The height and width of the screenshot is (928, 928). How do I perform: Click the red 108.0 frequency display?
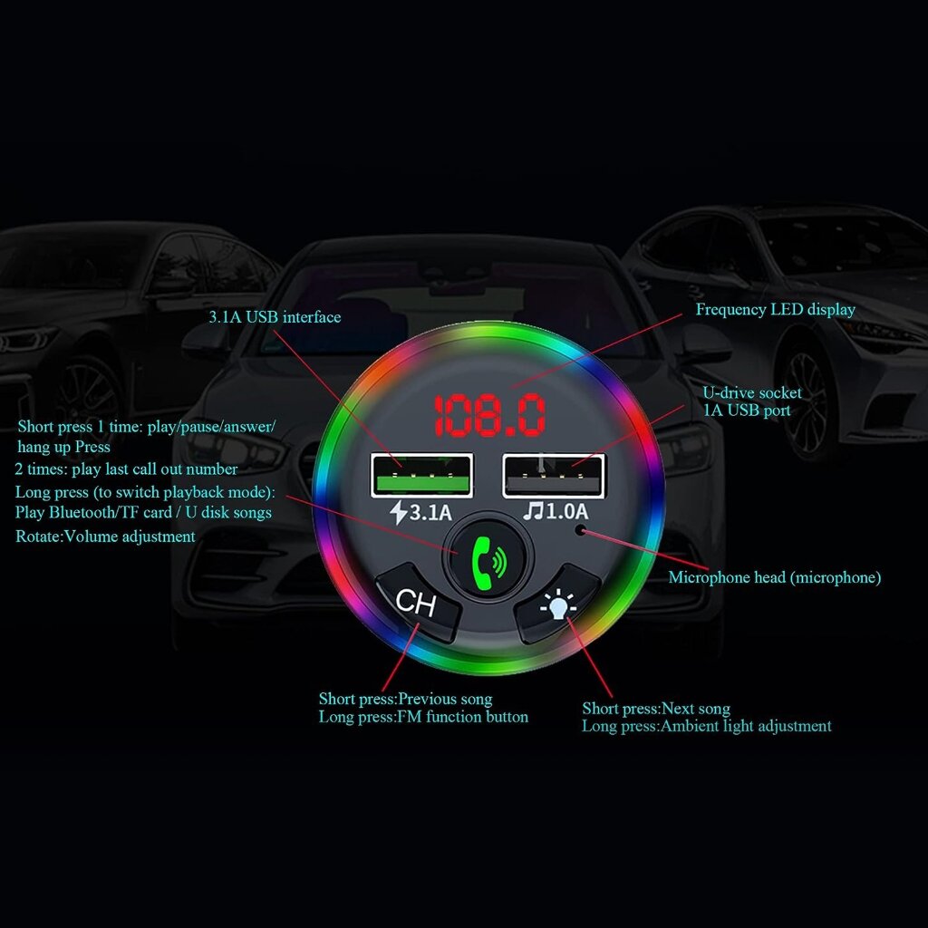pos(490,416)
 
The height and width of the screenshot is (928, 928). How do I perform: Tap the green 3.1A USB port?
pos(421,475)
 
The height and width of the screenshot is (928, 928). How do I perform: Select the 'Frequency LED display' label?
pos(775,310)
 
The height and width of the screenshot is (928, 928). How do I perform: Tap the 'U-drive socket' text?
pos(752,393)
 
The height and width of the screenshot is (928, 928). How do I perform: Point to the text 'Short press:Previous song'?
pos(405,700)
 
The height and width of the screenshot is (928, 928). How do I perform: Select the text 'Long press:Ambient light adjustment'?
pos(706,726)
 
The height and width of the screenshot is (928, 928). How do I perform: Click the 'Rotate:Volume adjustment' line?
pos(105,536)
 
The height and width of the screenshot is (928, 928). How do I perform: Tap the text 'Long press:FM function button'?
pos(423,717)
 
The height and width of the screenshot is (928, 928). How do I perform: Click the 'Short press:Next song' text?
pos(655,709)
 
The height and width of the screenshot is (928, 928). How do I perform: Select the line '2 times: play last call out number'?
pos(126,469)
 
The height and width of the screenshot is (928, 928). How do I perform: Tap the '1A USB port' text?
pos(747,411)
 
